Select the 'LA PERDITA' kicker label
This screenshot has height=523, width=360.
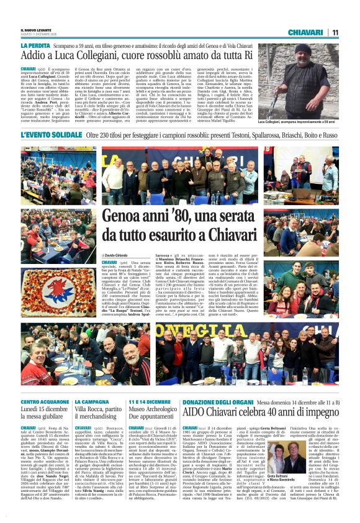click(x=36, y=46)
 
